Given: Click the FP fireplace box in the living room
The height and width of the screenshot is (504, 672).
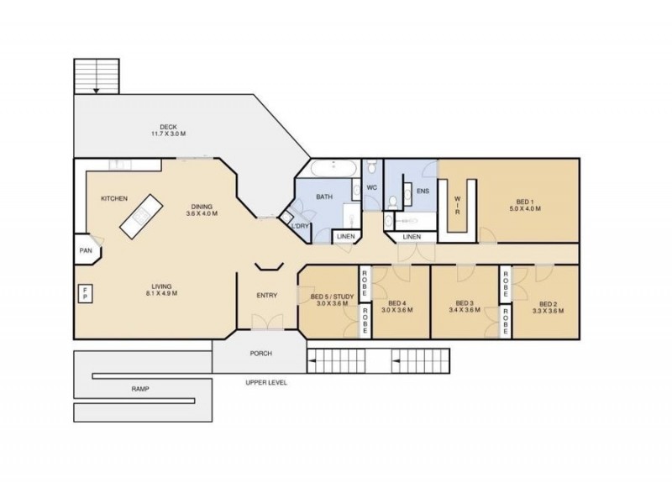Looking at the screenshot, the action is tap(86, 293).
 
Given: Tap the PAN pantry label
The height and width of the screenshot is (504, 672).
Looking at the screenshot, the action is tap(86, 250).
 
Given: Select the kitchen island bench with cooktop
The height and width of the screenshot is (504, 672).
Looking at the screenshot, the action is tap(141, 216).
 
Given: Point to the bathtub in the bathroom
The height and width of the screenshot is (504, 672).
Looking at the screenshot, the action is tap(333, 168).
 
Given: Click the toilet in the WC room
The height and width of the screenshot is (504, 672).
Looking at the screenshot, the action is tap(371, 165).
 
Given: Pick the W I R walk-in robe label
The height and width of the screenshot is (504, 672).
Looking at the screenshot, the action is tap(457, 205).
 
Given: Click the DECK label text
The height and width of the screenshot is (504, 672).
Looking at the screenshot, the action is tap(168, 127).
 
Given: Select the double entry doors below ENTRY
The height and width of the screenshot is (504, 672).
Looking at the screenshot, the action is tap(267, 322).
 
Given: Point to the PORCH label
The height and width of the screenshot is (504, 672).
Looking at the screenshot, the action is tap(260, 354).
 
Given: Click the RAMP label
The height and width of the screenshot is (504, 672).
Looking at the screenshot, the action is tap(140, 389).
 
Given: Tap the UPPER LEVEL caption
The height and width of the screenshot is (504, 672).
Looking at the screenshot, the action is tap(266, 383).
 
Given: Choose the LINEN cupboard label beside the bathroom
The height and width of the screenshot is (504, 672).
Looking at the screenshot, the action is tap(346, 237).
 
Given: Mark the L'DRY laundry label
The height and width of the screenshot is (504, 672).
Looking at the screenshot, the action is tap(300, 226).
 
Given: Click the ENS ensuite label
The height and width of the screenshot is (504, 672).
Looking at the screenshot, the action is tap(423, 192).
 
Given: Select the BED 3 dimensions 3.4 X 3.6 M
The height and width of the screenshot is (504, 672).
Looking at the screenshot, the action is tap(465, 310).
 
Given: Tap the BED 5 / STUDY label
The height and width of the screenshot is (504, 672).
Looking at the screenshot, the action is tap(332, 297).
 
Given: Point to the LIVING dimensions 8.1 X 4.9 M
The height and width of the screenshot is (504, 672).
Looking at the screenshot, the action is tap(161, 293).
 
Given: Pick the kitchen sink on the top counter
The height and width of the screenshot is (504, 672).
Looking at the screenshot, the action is tap(117, 165).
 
